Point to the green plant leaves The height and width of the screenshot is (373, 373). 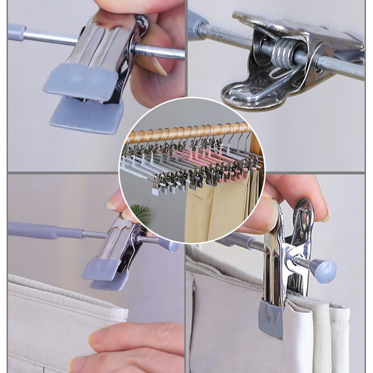click(x=140, y=214)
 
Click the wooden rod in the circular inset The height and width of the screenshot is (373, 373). click(x=186, y=132)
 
